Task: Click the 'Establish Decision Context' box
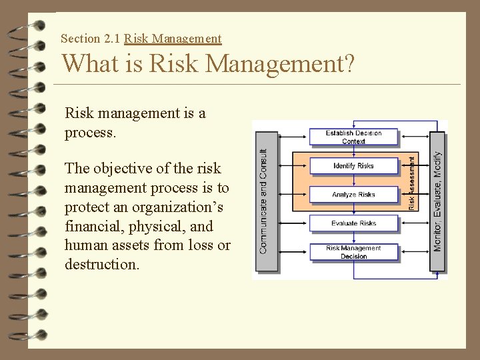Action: point(353,137)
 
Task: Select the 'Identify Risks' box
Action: point(353,166)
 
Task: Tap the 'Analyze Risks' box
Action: point(353,195)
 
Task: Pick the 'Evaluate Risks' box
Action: point(353,223)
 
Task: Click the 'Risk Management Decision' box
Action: point(353,252)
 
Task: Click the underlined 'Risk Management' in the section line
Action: point(173,39)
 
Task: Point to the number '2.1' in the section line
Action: point(111,39)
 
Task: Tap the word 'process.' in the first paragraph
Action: point(91,133)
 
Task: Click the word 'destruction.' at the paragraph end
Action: point(101,264)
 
